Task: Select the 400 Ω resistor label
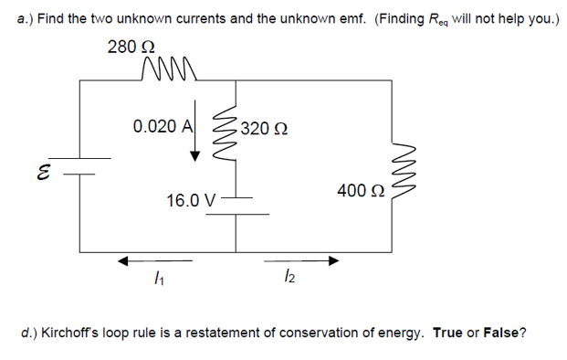[x=360, y=190]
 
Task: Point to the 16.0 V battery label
[x=191, y=199]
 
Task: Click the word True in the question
[x=448, y=333]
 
